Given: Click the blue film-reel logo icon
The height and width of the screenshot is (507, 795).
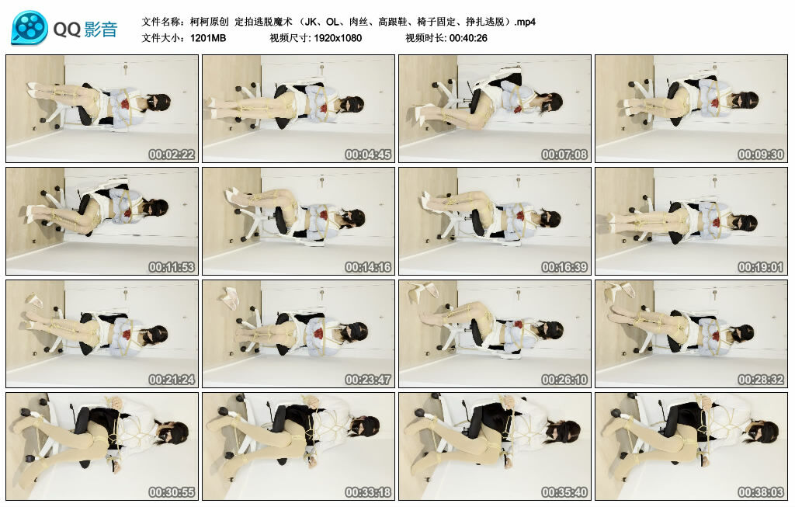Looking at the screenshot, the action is click(x=30, y=29).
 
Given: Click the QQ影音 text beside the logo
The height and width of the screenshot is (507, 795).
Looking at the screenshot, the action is click(x=85, y=30).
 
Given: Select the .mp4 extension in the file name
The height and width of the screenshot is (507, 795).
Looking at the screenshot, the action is click(x=525, y=22).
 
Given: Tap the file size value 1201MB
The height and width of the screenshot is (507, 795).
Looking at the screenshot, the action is click(x=208, y=38).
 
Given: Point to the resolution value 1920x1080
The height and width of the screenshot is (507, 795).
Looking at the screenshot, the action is click(x=338, y=38).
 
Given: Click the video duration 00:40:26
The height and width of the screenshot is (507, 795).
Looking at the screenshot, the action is click(x=468, y=38).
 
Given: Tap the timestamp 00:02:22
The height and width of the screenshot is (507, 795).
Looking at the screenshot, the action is click(x=172, y=155).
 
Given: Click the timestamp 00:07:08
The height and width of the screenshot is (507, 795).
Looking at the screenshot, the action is click(x=564, y=155).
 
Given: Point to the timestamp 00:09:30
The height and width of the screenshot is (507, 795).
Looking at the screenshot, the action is click(x=761, y=155).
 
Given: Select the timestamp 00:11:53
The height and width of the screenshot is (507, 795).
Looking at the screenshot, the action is click(x=172, y=266).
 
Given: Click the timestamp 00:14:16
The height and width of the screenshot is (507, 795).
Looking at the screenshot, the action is click(x=368, y=266).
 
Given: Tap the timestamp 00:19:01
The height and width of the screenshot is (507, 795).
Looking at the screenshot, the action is click(x=761, y=266).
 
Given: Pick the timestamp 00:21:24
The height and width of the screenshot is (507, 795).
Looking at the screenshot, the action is click(x=172, y=379).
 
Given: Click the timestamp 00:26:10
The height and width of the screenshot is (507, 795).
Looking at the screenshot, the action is click(x=564, y=379).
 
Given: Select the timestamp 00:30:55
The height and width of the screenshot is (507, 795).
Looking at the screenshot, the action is click(x=172, y=491).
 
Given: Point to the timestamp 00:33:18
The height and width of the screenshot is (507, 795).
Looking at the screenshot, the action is click(x=368, y=491).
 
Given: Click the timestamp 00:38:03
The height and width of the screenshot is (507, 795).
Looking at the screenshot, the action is click(x=761, y=491).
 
